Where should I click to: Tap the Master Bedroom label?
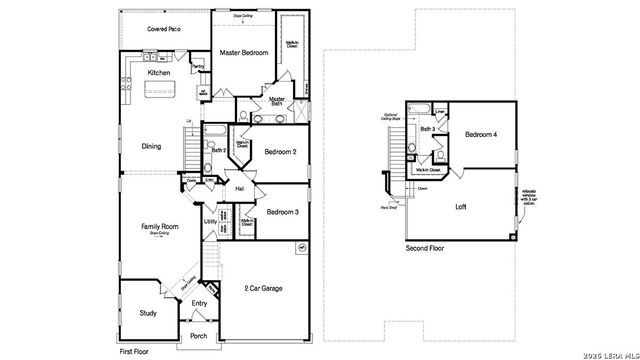coord(244,52)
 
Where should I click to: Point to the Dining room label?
coord(151,146)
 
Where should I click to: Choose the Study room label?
coord(148,313)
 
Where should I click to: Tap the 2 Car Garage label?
coord(264,288)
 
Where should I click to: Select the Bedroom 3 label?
coord(283,211)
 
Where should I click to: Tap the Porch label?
coord(198,335)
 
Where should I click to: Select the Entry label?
coord(200,303)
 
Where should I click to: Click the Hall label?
coord(240,188)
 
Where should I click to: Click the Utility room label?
coord(211,221)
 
